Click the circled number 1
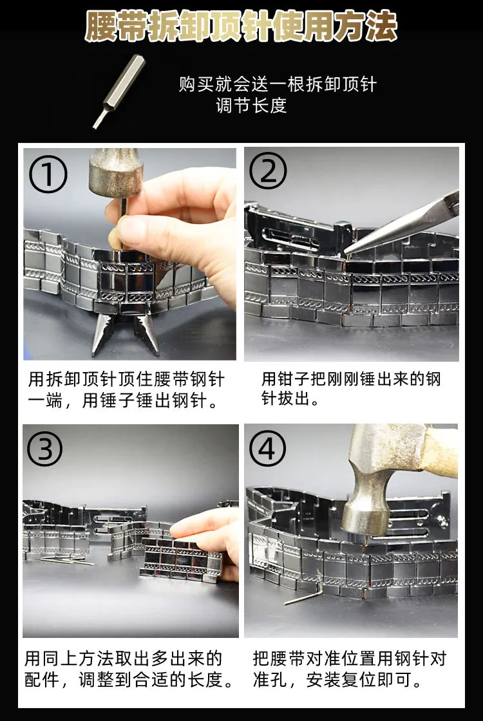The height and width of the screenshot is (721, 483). point(48,174)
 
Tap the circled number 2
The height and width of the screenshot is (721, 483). point(268,171)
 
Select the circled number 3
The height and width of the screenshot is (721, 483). point(44,448)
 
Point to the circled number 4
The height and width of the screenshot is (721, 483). point(267,448)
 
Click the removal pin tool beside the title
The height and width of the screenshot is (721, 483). point(118,91)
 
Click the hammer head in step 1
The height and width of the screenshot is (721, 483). point(116,173)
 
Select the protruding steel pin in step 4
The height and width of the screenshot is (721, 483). point(302,597)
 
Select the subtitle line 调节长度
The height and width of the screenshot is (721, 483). point(251,106)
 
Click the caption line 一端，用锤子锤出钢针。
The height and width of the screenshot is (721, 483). point(122,401)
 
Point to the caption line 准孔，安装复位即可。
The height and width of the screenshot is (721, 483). point(337,680)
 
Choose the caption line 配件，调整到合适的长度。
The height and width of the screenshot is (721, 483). point(129,680)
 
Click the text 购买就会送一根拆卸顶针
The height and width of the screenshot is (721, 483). point(278,84)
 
